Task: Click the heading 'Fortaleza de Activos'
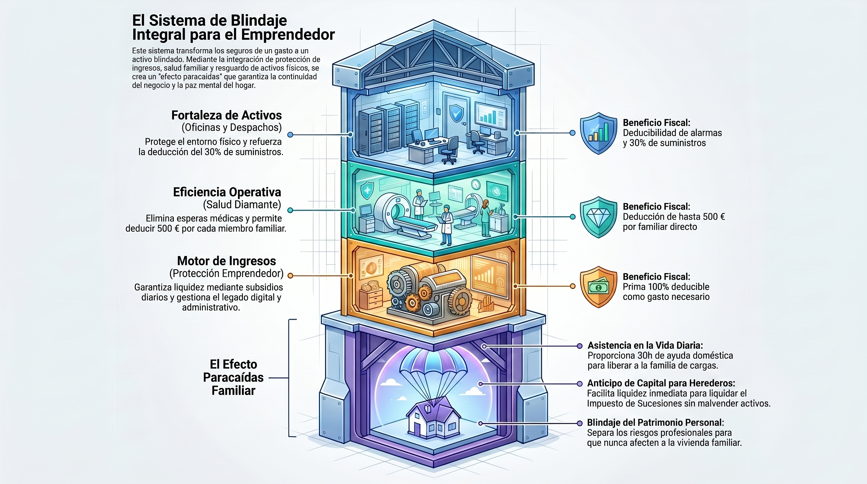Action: (x=227, y=115)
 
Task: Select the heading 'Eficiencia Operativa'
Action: (x=227, y=192)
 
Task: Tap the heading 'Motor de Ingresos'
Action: (x=227, y=261)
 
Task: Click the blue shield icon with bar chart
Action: (x=598, y=133)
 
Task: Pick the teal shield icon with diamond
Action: (x=598, y=217)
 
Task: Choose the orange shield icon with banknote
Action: (x=598, y=287)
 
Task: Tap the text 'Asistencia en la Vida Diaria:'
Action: (x=645, y=345)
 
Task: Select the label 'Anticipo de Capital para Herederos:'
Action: (x=661, y=383)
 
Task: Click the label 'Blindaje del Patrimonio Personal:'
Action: (x=655, y=423)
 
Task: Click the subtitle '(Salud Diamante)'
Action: (x=242, y=205)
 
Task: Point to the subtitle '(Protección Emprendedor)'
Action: (x=227, y=273)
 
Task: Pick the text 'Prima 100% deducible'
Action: (x=666, y=287)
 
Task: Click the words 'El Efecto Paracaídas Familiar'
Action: (x=233, y=377)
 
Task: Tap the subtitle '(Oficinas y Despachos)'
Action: (x=232, y=128)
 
